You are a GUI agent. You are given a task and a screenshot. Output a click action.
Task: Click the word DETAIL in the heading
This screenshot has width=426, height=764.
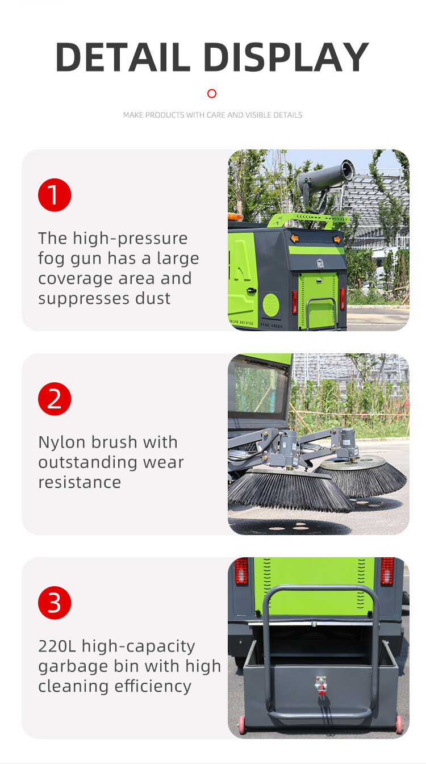[123, 57]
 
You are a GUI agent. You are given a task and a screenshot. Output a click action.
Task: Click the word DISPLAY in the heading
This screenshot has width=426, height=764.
[286, 57]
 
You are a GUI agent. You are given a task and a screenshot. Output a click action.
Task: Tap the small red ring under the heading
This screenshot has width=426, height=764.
[212, 94]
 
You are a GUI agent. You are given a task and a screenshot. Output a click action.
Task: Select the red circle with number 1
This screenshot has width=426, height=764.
[55, 195]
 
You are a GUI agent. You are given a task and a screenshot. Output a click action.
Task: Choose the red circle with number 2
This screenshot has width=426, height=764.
[55, 399]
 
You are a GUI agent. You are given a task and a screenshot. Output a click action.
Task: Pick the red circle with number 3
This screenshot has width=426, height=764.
[55, 603]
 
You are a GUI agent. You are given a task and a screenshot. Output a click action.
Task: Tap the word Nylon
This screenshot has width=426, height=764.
[62, 443]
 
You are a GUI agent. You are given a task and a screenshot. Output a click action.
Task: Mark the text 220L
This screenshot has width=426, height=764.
[57, 646]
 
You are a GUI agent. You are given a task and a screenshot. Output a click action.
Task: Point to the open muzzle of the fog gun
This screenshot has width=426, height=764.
[348, 170]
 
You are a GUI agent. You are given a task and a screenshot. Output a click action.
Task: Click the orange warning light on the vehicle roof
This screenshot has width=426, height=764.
[235, 216]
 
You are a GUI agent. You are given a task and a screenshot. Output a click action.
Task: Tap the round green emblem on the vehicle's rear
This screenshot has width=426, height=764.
[271, 304]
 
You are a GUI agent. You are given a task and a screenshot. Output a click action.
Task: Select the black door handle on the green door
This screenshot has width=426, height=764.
[252, 290]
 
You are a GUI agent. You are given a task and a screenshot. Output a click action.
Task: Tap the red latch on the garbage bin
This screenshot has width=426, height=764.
[321, 685]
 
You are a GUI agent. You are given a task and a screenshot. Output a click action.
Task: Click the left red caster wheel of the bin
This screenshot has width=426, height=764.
[242, 725]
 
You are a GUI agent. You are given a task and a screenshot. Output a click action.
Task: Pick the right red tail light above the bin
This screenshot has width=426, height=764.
[387, 571]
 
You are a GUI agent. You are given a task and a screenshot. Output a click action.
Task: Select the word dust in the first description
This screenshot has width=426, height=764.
[153, 299]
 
